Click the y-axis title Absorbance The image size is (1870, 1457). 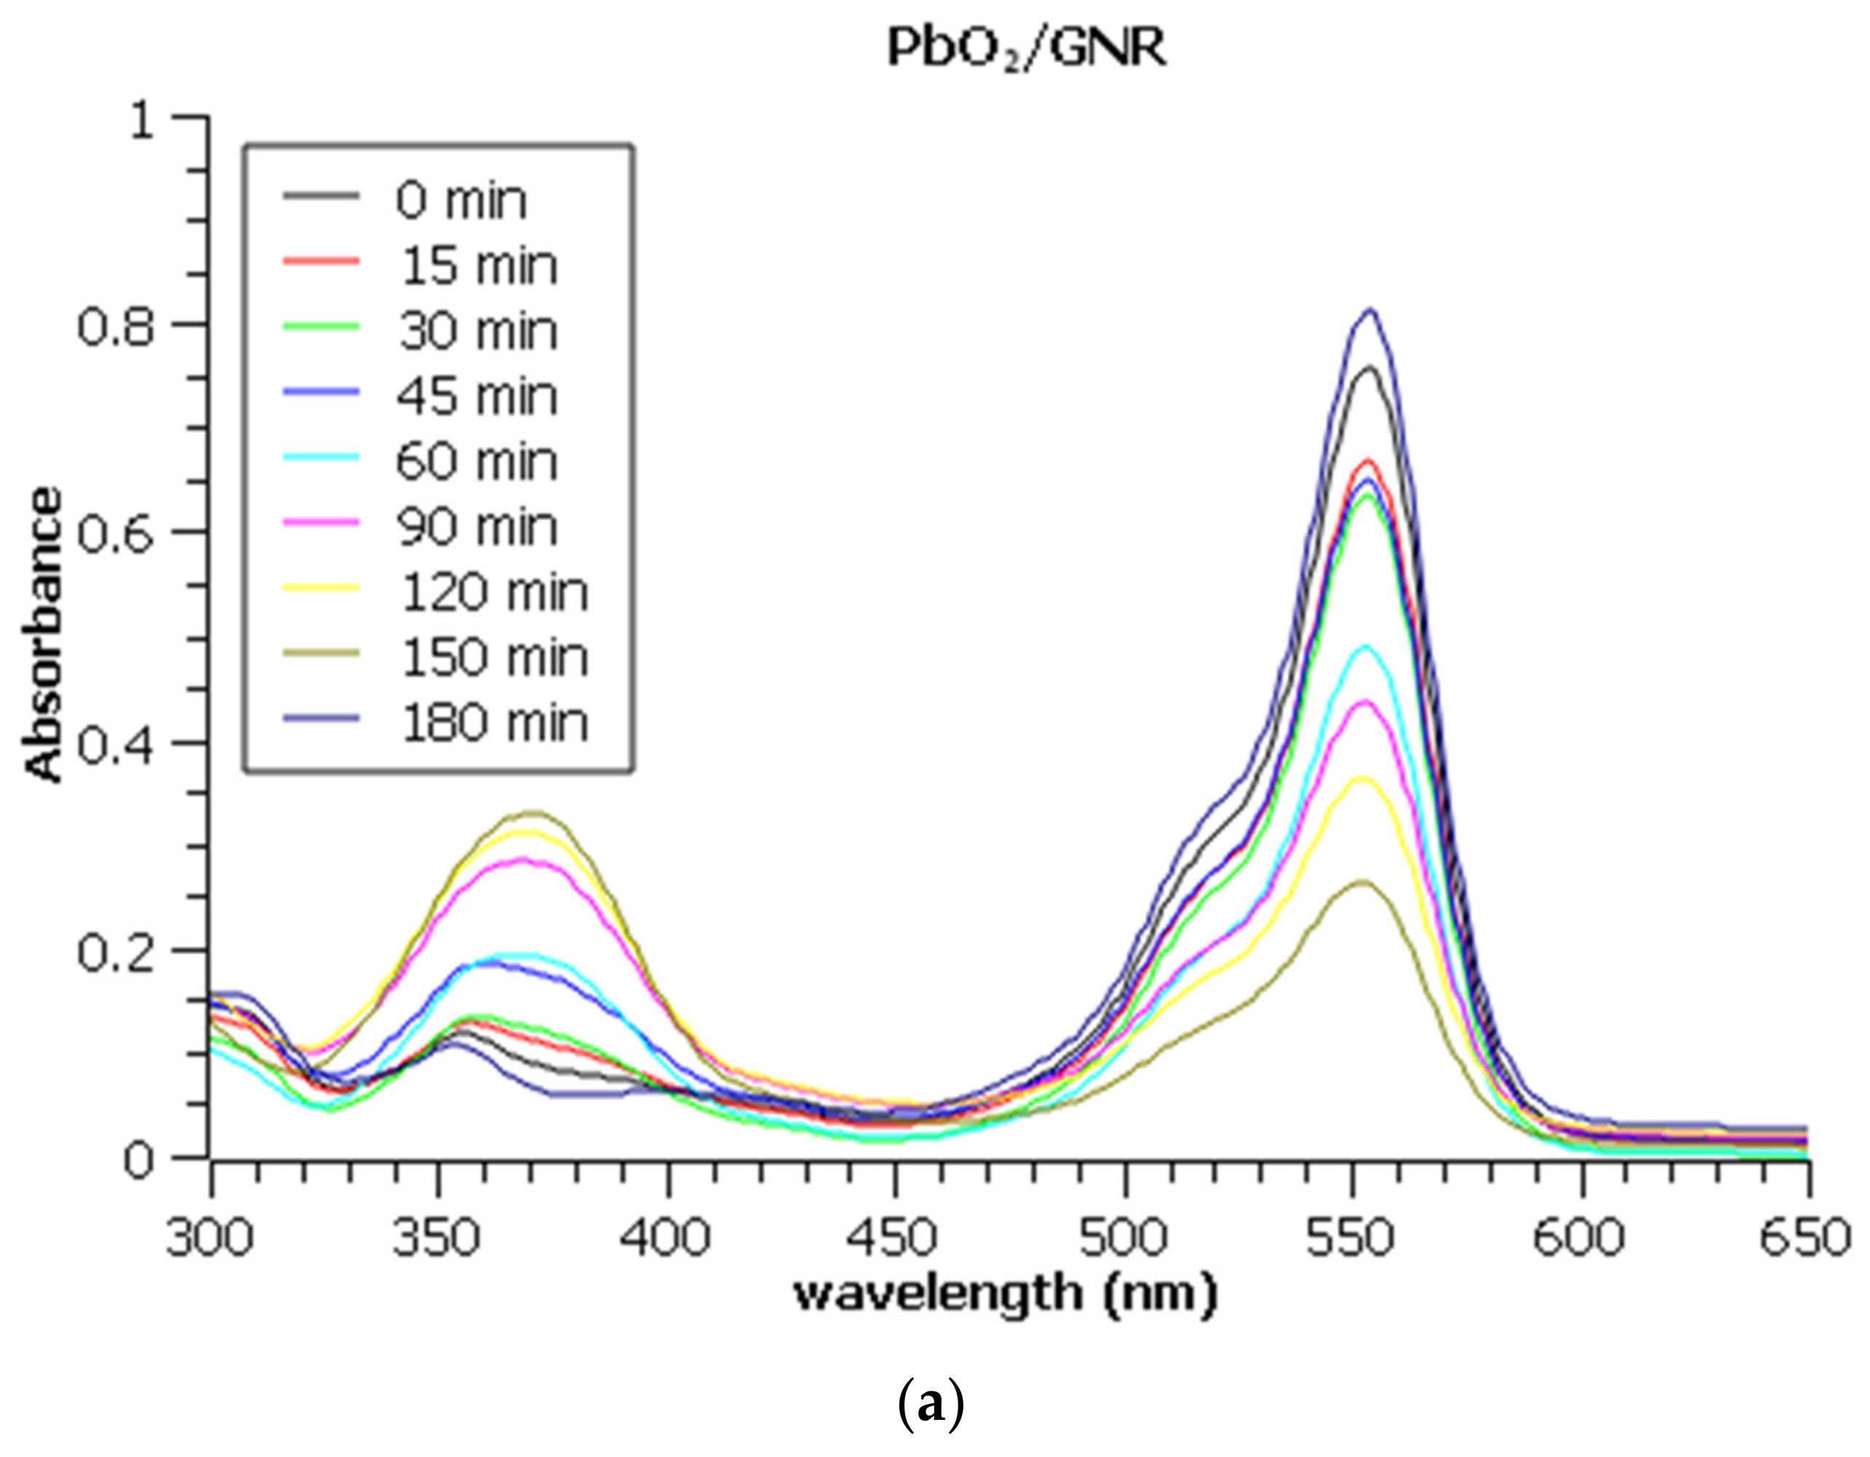(x=44, y=634)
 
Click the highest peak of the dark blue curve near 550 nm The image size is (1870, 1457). (x=1370, y=310)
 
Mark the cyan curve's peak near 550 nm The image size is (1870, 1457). (x=1365, y=647)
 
